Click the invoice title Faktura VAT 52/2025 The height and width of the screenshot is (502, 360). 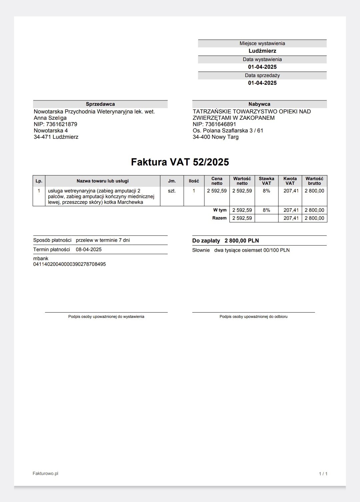(x=180, y=162)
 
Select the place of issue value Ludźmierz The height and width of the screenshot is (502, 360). (x=262, y=51)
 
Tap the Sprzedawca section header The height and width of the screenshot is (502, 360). (x=100, y=104)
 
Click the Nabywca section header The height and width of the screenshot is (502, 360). (x=259, y=104)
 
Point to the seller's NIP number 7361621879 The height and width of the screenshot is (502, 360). (x=62, y=124)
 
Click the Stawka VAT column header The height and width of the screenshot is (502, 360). (x=266, y=181)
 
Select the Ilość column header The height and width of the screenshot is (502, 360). (x=194, y=181)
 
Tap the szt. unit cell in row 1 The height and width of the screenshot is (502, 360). (x=172, y=191)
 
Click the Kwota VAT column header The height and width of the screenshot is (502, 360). (x=290, y=181)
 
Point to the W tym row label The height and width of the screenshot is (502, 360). (x=220, y=210)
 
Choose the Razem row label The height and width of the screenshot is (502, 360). (x=219, y=218)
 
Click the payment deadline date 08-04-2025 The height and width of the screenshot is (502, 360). (x=89, y=249)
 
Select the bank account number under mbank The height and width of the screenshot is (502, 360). (x=69, y=264)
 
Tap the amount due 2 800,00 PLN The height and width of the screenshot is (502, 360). (x=242, y=241)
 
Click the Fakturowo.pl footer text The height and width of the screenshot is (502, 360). (x=45, y=473)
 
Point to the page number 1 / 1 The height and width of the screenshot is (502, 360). (x=323, y=474)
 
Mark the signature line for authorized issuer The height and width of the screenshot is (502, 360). (x=106, y=313)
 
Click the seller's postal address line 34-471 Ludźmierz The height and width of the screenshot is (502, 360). (x=56, y=137)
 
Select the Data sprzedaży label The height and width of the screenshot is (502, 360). (x=262, y=75)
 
